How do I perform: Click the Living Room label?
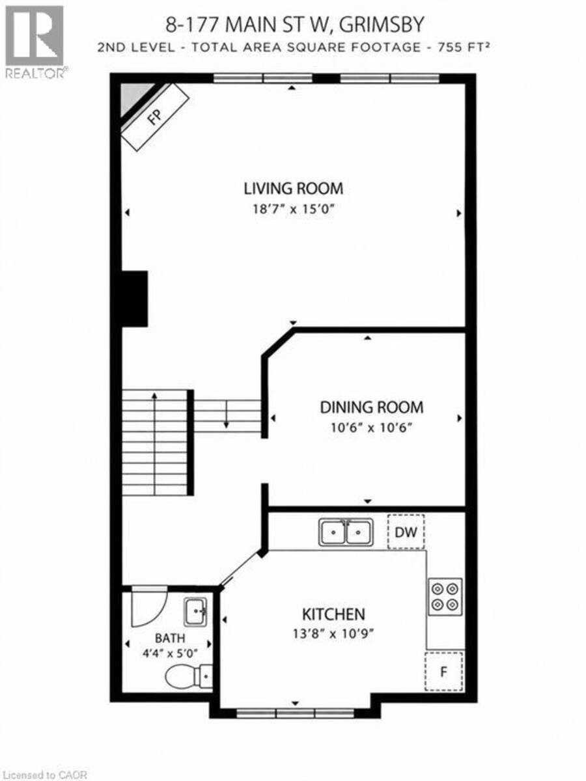(x=293, y=189)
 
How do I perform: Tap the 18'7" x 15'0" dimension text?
(x=294, y=209)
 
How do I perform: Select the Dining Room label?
(x=372, y=407)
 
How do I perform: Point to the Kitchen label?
(x=333, y=614)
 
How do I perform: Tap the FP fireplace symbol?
(x=155, y=117)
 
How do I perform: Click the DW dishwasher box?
(x=406, y=532)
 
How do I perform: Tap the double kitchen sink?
(x=346, y=532)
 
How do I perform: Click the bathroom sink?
(x=195, y=612)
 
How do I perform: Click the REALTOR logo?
(x=35, y=42)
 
